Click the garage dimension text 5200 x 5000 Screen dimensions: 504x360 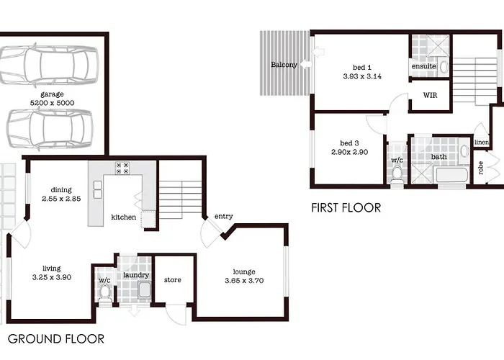(52, 103)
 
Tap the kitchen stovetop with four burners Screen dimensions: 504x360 (122, 168)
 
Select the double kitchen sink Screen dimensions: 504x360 (98, 189)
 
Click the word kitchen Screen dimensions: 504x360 (123, 217)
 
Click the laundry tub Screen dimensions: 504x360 (145, 289)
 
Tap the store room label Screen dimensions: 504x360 (173, 280)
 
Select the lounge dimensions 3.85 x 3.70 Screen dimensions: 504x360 (244, 281)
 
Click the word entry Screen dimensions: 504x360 (224, 216)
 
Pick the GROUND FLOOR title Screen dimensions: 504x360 (56, 339)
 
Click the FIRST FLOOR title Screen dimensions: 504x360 (346, 207)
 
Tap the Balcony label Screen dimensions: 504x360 (284, 65)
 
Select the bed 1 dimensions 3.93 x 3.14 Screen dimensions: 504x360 (362, 76)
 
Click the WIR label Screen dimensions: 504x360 (430, 95)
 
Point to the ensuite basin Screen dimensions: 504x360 (444, 67)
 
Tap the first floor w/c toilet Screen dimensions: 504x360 (397, 176)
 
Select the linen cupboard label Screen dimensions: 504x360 (482, 142)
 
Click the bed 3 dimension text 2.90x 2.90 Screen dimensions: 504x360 (350, 152)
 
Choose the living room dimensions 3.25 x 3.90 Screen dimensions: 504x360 (52, 277)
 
